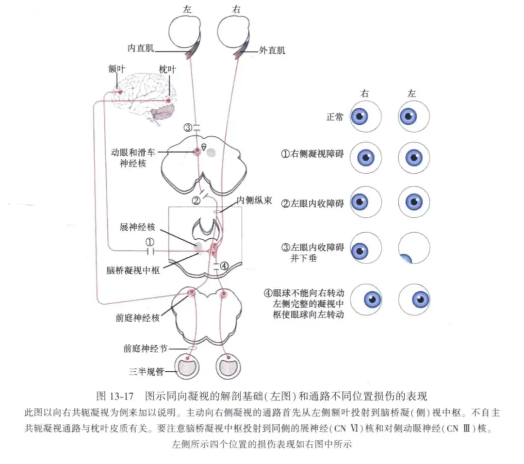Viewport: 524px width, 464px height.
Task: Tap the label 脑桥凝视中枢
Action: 133,268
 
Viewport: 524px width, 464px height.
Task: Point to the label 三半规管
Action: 145,372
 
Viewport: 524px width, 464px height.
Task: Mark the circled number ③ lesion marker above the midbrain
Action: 188,128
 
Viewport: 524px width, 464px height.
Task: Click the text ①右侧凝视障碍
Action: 312,155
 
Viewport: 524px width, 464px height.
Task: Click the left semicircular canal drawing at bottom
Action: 186,366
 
